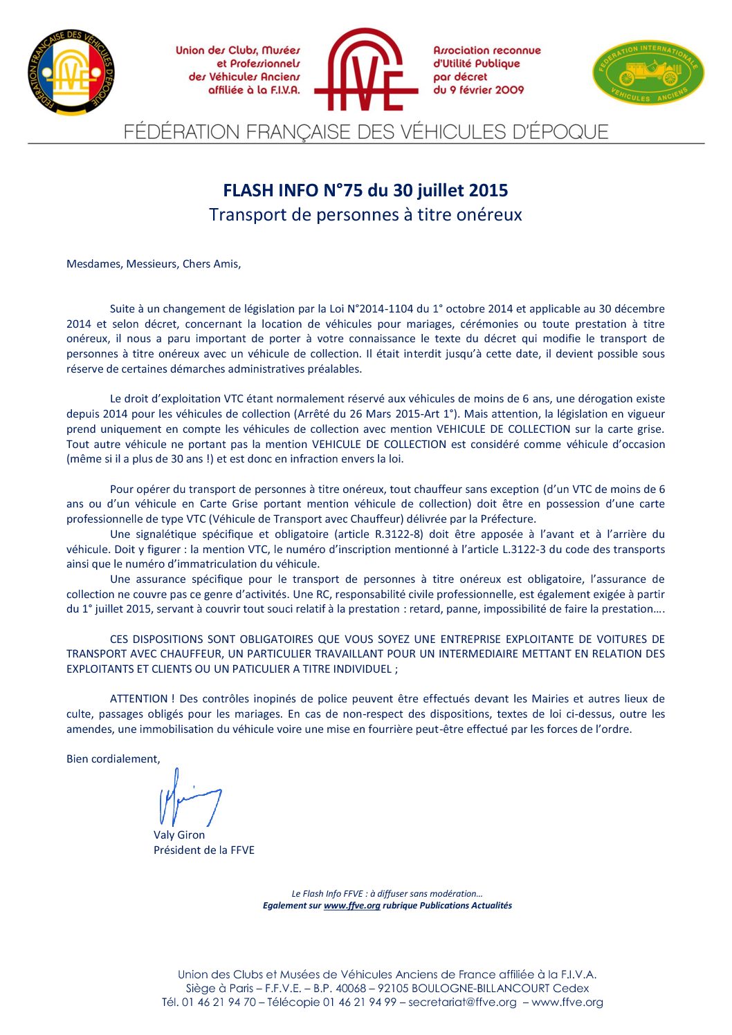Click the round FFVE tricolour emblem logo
coord(71,73)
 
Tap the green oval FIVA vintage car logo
coord(648,72)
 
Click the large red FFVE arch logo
coord(366,70)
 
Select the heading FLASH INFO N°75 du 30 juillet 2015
coord(365,190)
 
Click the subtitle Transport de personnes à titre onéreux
coord(365,215)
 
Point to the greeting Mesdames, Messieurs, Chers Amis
coord(154,264)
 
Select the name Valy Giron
coord(179,835)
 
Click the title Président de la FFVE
coord(204,850)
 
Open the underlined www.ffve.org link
coord(351,906)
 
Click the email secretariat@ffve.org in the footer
coord(462,1003)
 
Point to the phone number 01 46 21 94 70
coord(219,1003)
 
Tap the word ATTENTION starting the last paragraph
coord(138,699)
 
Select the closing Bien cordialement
coord(113,759)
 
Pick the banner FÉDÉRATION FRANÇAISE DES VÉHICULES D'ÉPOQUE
coord(366,131)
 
